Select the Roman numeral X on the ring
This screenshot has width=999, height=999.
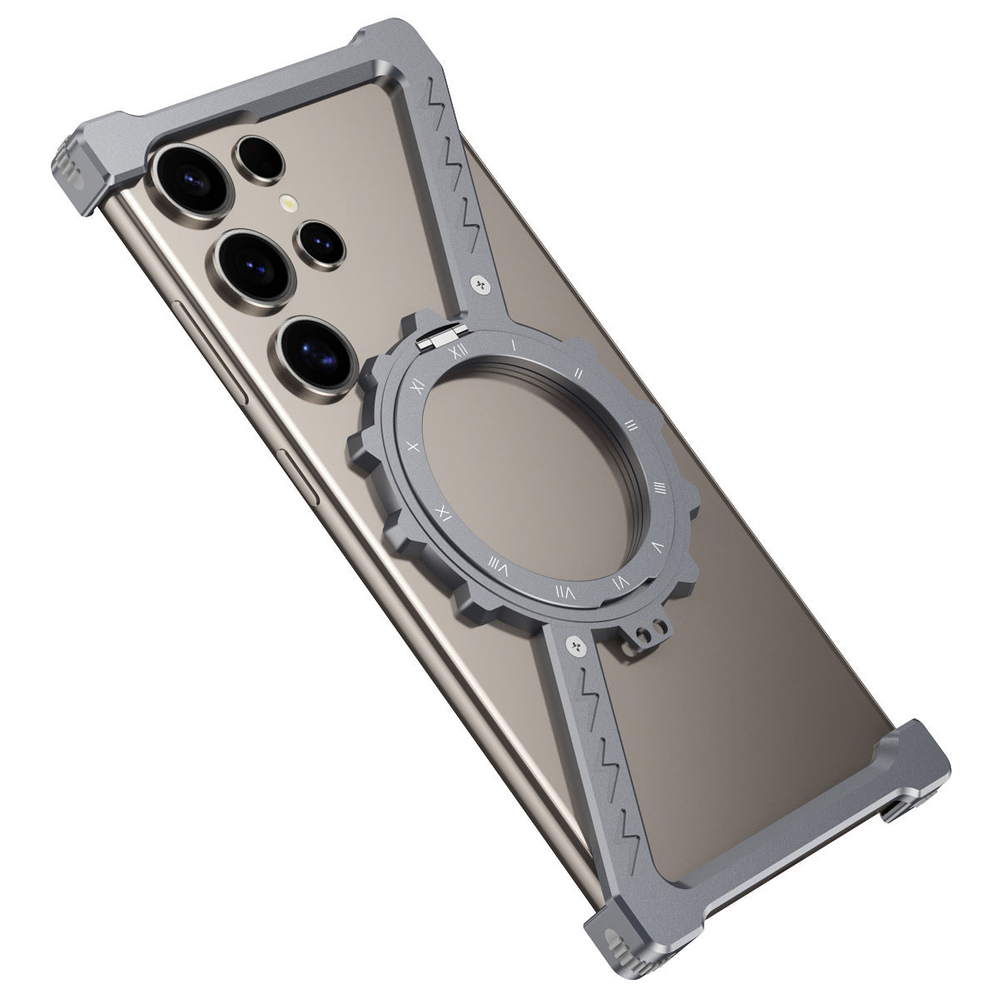(410, 446)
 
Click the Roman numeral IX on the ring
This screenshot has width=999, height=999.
(444, 511)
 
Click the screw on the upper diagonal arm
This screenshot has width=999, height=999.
(480, 286)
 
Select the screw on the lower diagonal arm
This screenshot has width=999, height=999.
(575, 644)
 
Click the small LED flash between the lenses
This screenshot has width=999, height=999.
(289, 201)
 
